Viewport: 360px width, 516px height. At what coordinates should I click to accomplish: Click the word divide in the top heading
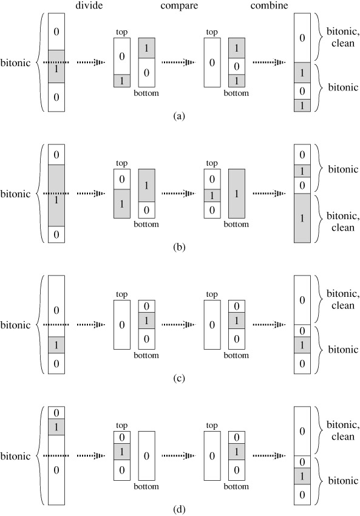[x=89, y=5]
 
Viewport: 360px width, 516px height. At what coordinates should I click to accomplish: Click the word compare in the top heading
[x=179, y=6]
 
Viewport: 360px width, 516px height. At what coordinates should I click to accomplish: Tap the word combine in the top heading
[x=269, y=5]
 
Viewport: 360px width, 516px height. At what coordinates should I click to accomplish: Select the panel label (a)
[x=179, y=116]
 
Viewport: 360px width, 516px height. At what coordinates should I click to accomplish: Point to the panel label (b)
[x=179, y=247]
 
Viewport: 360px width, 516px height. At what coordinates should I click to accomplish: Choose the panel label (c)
[x=179, y=378]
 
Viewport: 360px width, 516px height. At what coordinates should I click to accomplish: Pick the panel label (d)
[x=179, y=509]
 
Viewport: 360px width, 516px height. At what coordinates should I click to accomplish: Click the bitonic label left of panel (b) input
[x=15, y=194]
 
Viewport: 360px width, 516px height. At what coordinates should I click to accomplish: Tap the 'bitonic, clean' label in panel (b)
[x=343, y=222]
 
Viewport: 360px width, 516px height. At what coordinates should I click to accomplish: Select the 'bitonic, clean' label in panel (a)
[x=343, y=37]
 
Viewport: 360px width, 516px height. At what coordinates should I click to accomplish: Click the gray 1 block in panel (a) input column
[x=56, y=67]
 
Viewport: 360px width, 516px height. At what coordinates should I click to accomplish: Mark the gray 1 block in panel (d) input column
[x=56, y=427]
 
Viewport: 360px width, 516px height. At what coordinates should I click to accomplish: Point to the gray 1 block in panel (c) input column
[x=56, y=345]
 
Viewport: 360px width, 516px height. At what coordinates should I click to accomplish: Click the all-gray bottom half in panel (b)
[x=237, y=194]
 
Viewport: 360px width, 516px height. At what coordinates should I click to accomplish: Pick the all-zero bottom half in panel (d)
[x=146, y=456]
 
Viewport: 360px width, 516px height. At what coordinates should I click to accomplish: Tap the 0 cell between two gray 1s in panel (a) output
[x=302, y=91]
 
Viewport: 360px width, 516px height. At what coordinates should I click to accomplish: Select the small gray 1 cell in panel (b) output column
[x=302, y=171]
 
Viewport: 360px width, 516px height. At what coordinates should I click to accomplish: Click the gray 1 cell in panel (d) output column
[x=302, y=476]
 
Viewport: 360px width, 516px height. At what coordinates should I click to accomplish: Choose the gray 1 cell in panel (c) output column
[x=302, y=345]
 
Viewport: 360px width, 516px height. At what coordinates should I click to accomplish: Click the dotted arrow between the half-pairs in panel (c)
[x=179, y=325]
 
